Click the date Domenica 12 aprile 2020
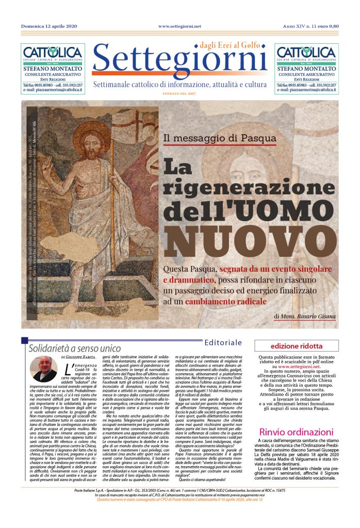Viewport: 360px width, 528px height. [x=50, y=26]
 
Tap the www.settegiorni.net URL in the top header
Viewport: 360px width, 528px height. [x=179, y=26]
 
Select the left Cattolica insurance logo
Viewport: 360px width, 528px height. [x=52, y=53]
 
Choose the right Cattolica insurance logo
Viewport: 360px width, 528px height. [x=306, y=53]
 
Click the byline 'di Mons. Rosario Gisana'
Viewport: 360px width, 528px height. [x=305, y=316]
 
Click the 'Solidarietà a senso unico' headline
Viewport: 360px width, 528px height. [x=74, y=348]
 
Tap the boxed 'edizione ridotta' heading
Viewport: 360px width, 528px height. [x=296, y=346]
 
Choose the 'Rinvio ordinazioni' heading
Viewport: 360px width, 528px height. [x=296, y=432]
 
